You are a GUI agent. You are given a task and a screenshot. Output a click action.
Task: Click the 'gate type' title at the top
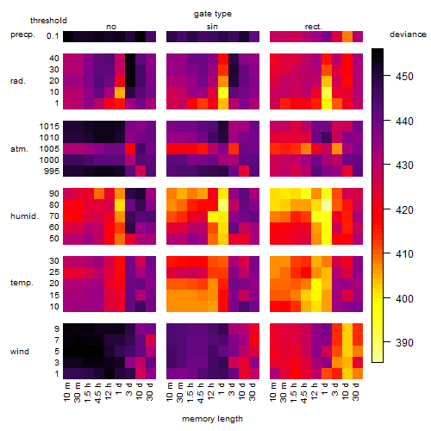coord(213,14)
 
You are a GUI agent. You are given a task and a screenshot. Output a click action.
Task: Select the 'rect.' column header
coord(314,27)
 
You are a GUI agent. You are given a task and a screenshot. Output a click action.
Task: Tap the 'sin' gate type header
coord(212,27)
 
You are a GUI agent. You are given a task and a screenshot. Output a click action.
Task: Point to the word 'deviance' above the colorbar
coord(408,34)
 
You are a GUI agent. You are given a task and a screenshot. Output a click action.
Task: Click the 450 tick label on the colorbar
coord(404,77)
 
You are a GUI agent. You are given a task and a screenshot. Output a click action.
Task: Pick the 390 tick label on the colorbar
coord(404,342)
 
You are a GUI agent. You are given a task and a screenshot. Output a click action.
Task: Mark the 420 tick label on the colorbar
coord(404,210)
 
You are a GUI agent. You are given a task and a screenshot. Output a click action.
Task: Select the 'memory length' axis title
coord(213,419)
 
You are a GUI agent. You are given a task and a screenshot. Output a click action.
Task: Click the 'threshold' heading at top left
coord(48,21)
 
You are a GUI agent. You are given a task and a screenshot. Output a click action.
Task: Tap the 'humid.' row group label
coord(24,216)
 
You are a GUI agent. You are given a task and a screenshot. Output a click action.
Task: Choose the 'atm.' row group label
coord(19,149)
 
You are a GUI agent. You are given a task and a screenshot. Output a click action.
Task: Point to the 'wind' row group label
coord(20,352)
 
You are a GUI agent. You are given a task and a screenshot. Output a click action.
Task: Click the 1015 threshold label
coord(49,127)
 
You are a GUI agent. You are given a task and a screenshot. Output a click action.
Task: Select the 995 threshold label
coord(52,172)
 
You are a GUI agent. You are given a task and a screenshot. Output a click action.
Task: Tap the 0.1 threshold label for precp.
coord(53,36)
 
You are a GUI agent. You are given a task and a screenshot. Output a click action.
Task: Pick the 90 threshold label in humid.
coord(54,194)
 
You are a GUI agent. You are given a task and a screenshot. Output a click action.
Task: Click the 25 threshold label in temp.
coord(54,272)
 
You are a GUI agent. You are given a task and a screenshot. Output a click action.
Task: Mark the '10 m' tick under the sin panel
coord(170,392)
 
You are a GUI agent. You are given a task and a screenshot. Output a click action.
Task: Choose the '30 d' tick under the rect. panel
coord(355,392)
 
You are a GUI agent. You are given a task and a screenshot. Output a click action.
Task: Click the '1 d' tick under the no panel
coord(118,389)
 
